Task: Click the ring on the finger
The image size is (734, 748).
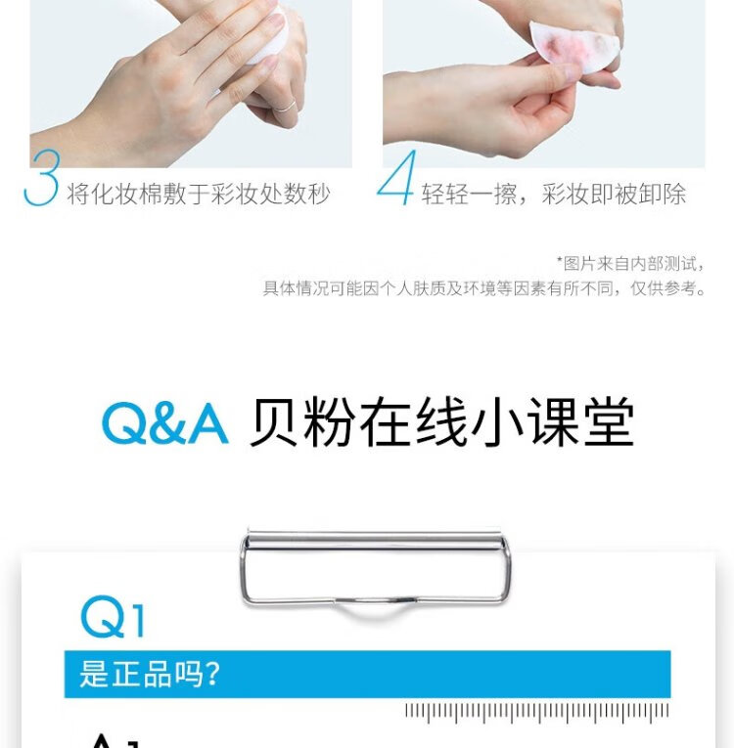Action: click(284, 107)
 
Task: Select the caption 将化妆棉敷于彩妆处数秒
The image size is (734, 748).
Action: click(199, 194)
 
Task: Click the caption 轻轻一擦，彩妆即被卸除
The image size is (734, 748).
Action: click(554, 194)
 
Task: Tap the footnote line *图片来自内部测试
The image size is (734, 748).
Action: click(630, 263)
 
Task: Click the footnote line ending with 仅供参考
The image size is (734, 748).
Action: click(483, 288)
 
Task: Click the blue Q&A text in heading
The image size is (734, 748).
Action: click(164, 423)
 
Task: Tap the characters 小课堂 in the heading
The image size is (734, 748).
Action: click(553, 422)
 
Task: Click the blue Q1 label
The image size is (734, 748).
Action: click(113, 616)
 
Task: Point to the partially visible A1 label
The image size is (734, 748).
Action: click(115, 741)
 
